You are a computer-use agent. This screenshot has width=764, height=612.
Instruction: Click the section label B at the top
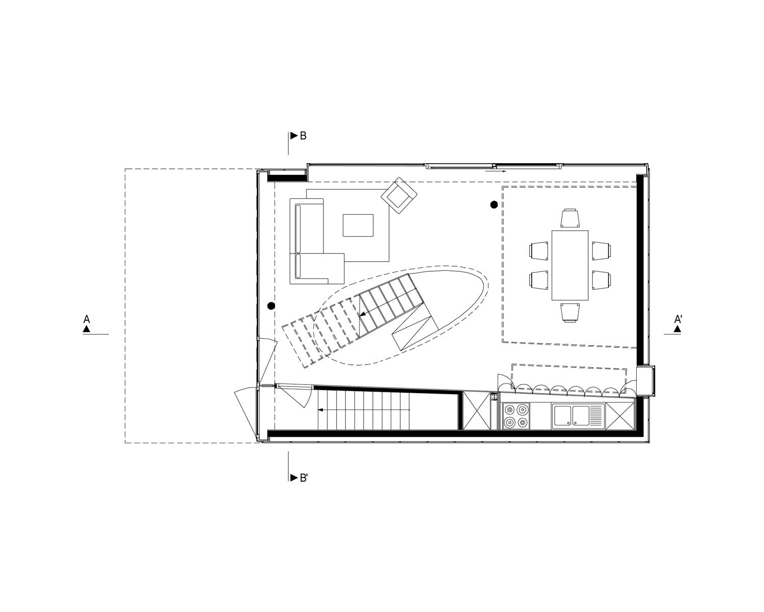click(x=303, y=136)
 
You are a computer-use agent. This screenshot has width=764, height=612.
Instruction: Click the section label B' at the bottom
click(x=304, y=478)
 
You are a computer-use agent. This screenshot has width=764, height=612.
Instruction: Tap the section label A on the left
click(x=87, y=320)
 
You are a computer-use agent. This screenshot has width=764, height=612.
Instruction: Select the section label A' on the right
click(x=678, y=320)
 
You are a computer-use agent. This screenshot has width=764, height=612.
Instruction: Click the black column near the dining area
click(x=494, y=205)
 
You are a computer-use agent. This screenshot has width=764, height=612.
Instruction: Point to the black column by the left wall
click(x=271, y=306)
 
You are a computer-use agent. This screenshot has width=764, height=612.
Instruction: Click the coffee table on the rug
click(x=358, y=225)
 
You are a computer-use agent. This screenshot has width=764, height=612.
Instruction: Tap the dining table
click(x=570, y=265)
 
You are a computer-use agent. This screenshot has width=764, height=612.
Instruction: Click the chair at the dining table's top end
click(x=570, y=218)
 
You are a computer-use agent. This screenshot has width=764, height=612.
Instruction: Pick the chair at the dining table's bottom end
click(x=570, y=312)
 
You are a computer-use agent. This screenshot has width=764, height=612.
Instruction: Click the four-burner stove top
click(x=515, y=416)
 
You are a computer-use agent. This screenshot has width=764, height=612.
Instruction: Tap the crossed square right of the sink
click(x=620, y=416)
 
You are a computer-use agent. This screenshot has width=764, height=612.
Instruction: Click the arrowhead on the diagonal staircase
click(x=362, y=315)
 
